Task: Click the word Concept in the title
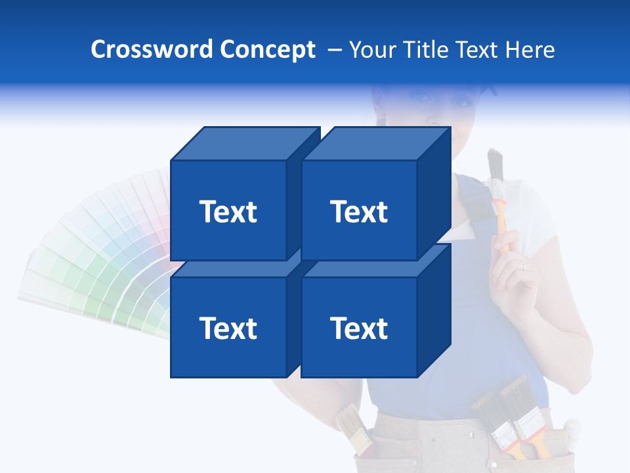267,50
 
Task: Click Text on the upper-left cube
228,212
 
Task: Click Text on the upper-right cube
359,212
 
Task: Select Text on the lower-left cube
228,328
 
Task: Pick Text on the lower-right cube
359,328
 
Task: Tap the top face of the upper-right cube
375,144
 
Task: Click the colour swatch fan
98,263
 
